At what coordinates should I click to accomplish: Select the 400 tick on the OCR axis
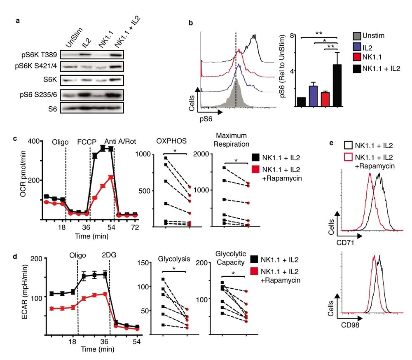(x=35, y=141)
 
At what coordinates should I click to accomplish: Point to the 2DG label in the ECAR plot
(x=110, y=254)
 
